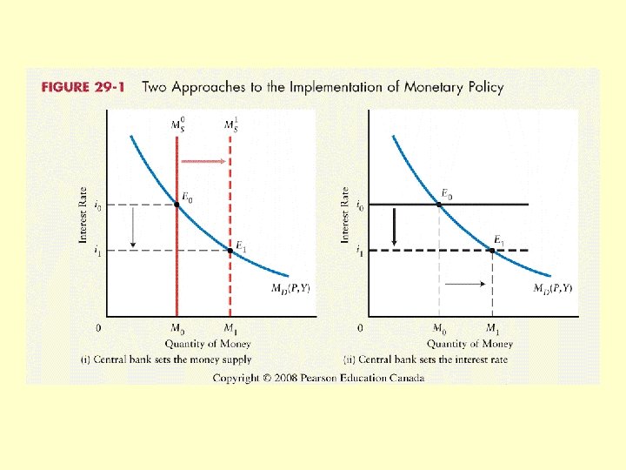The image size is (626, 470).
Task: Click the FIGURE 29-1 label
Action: tap(84, 87)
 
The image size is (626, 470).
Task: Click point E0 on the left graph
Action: tap(176, 205)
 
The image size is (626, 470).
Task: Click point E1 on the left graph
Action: tap(230, 251)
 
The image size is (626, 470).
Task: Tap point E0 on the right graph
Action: tap(439, 204)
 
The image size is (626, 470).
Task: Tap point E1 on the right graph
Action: tap(492, 251)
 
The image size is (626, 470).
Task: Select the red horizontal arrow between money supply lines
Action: tap(203, 161)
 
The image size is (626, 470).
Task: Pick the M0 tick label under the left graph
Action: tap(176, 329)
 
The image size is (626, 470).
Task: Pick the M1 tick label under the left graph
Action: tap(230, 329)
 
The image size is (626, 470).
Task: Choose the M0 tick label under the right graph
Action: tap(440, 329)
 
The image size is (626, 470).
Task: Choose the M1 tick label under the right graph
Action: tap(493, 329)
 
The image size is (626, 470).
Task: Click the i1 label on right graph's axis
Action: tap(360, 252)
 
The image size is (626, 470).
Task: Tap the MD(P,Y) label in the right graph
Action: tap(552, 289)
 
